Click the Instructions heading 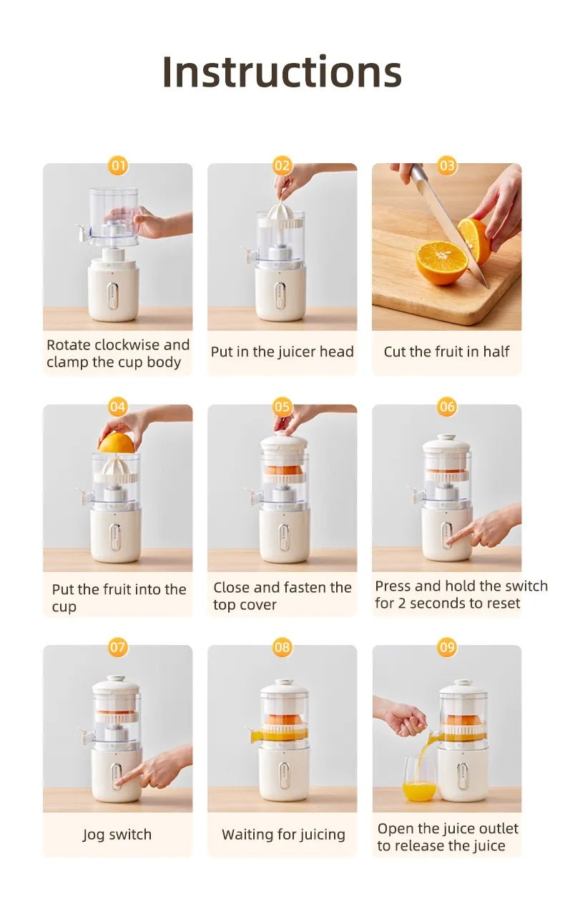tap(282, 72)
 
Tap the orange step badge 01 tap(118, 166)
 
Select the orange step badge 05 tap(282, 407)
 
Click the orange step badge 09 tap(447, 648)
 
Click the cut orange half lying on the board tap(441, 262)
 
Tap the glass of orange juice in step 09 tap(419, 780)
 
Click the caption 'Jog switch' tap(117, 835)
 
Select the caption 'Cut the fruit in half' tap(446, 351)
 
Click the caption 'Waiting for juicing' tap(283, 835)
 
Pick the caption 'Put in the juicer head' tap(282, 351)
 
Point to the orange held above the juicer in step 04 tap(116, 443)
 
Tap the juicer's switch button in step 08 tap(284, 775)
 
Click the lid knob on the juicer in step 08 tap(284, 682)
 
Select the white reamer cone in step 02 tap(281, 213)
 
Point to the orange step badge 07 tap(118, 648)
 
